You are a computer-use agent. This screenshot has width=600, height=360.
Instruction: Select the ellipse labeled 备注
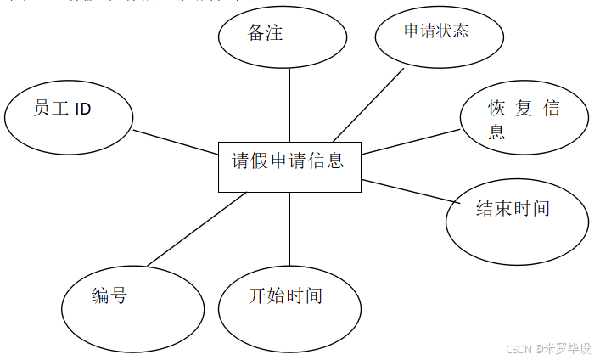tap(283, 38)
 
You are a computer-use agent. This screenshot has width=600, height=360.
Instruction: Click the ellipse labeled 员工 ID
tap(69, 120)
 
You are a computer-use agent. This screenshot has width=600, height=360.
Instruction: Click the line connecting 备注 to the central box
tap(290, 104)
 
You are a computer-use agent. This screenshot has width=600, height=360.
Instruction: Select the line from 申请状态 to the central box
tap(370, 103)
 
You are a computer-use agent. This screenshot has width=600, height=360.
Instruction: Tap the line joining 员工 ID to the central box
tap(176, 142)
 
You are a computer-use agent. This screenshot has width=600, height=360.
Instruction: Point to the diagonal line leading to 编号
tap(197, 228)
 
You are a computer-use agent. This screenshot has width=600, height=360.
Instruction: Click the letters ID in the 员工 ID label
tap(82, 110)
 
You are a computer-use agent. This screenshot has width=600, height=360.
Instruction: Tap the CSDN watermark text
tap(547, 348)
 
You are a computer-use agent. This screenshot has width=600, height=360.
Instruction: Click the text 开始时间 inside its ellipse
tap(285, 296)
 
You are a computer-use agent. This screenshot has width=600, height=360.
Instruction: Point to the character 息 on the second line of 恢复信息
tap(496, 132)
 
